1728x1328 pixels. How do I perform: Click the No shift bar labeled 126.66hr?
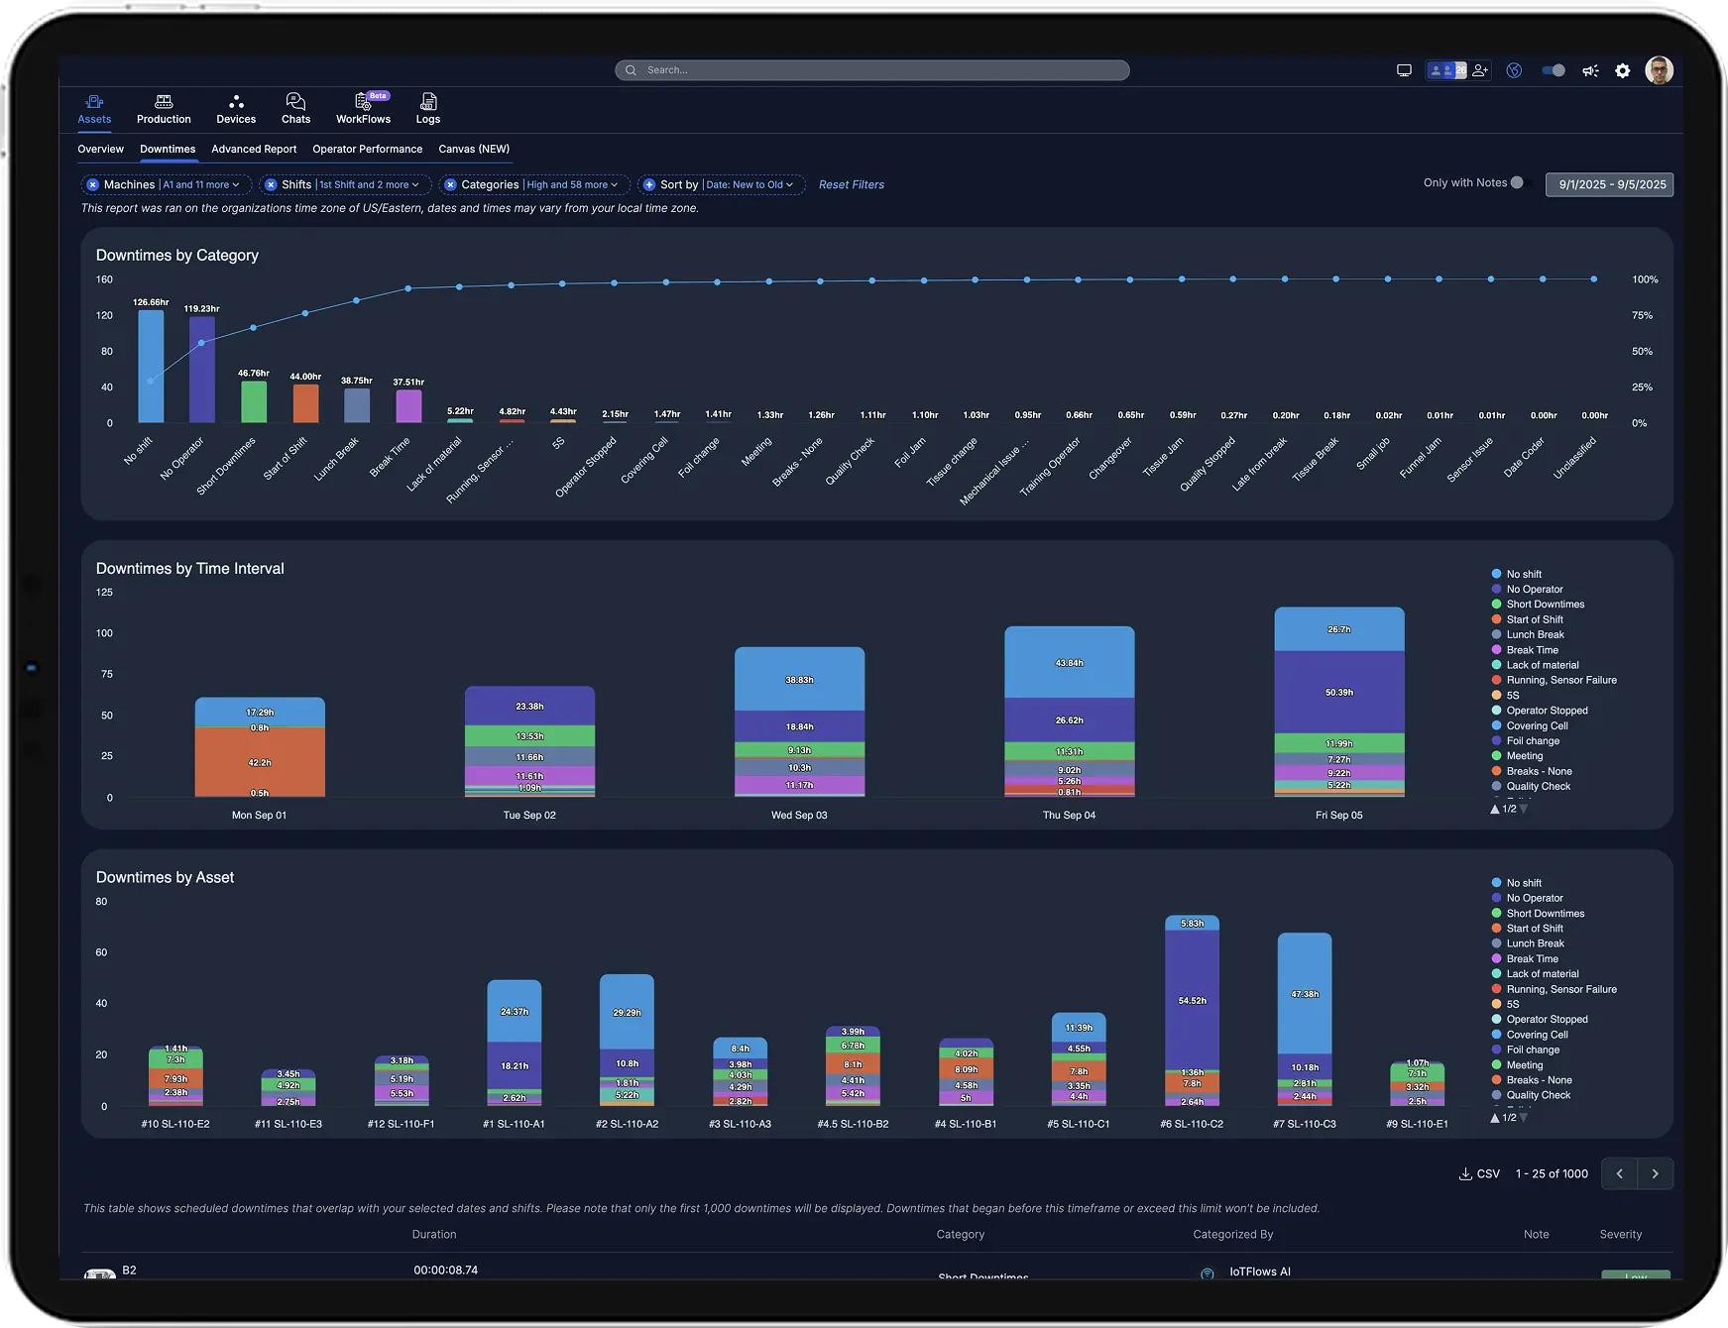(x=151, y=367)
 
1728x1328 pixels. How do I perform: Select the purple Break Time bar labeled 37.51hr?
(x=408, y=405)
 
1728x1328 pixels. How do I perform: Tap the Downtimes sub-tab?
(x=168, y=149)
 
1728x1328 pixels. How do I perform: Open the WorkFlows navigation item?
(x=363, y=108)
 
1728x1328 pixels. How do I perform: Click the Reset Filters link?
(x=851, y=184)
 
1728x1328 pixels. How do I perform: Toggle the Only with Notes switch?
(x=1518, y=182)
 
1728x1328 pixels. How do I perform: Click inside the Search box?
(x=872, y=70)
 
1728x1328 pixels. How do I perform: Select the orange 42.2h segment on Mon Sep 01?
(x=260, y=761)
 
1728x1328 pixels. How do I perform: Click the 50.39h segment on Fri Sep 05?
(x=1338, y=692)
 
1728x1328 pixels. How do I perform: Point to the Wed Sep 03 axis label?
(x=799, y=815)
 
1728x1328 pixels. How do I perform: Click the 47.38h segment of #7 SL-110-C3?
(x=1304, y=993)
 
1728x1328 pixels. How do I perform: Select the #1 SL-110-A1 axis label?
(x=514, y=1124)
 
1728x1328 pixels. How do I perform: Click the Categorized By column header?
(x=1232, y=1234)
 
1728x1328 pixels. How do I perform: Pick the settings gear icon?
(x=1622, y=70)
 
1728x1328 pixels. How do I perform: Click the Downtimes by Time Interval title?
(x=189, y=568)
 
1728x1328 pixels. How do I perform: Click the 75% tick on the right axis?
(x=1642, y=315)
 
